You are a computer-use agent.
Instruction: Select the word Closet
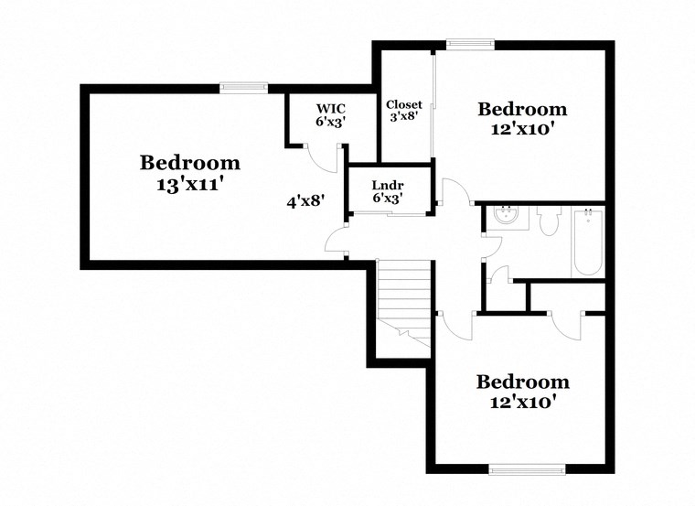tap(403, 104)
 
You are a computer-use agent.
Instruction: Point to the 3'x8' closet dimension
tap(403, 117)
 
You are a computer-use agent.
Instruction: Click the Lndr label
tap(388, 184)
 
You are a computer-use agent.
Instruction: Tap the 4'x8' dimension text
tap(306, 201)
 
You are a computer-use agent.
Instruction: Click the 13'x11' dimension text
tap(190, 184)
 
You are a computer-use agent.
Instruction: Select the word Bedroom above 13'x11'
tap(190, 163)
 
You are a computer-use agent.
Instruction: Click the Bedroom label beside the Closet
tap(522, 109)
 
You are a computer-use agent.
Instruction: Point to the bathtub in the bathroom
tap(586, 242)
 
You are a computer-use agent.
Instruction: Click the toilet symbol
tap(549, 222)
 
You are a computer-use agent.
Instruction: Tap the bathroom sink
tap(503, 218)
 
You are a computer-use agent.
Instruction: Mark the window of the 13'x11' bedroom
tap(243, 88)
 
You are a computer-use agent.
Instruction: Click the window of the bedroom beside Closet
tap(470, 42)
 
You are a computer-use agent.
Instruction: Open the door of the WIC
tap(322, 159)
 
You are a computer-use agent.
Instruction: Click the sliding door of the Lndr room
tap(388, 214)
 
